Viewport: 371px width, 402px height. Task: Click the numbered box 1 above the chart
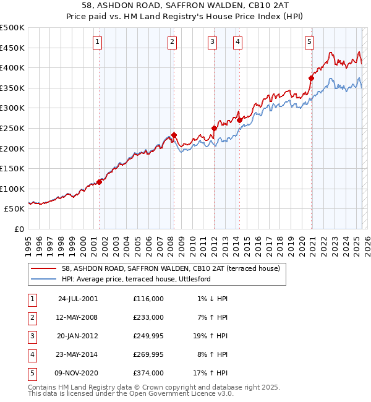98,42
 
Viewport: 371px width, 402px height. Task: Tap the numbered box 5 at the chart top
309,42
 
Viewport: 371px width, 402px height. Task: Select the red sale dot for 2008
174,135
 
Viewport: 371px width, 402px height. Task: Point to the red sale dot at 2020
311,78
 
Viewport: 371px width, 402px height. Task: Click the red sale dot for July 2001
99,182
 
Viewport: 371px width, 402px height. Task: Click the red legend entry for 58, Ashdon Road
171,268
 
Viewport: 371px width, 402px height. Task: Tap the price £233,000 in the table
148,317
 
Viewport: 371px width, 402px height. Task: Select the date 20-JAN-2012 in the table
77,336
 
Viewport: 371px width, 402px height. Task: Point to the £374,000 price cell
148,374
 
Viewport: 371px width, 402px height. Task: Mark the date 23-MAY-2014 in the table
77,355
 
